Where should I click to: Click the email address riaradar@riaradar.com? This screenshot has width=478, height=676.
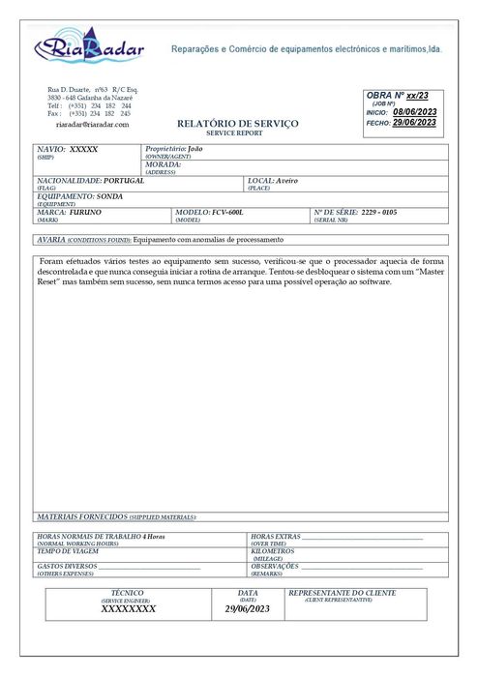[92, 125]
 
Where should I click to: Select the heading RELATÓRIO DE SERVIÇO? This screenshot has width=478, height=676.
[238, 125]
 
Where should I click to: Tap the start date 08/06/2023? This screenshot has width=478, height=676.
[415, 112]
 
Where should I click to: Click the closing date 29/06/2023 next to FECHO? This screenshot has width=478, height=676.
[414, 123]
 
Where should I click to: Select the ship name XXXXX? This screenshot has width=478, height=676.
[84, 150]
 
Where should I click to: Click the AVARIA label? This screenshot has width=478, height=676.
[50, 238]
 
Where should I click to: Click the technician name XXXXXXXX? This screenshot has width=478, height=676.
[128, 609]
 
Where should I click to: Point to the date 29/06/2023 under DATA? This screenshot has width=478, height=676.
[248, 609]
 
